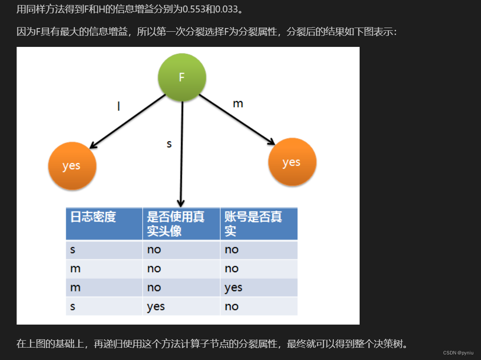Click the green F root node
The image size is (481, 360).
click(182, 77)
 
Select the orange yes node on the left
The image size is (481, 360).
click(72, 166)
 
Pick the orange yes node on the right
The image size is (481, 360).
click(292, 162)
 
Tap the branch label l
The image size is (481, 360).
click(119, 106)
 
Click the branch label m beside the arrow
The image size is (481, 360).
click(238, 103)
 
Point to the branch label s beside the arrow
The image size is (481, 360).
click(169, 144)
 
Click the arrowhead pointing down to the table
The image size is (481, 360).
click(181, 203)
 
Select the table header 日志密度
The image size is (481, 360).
click(93, 217)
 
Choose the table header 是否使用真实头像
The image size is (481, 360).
click(176, 223)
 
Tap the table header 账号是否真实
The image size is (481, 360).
click(253, 223)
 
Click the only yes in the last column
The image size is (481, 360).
click(233, 288)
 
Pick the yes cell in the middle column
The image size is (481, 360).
click(156, 307)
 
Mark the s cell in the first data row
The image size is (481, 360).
click(73, 250)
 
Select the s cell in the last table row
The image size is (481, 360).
click(73, 307)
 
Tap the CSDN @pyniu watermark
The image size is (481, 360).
click(458, 352)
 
